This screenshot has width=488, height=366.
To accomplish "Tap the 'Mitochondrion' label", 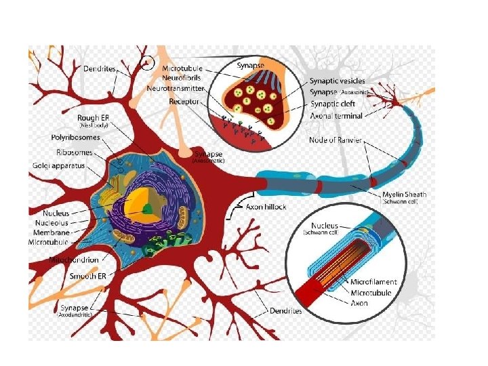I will pos(75,260).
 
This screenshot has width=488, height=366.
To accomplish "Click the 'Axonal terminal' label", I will pos(336,116).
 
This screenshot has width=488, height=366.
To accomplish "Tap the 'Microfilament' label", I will pos(374,282).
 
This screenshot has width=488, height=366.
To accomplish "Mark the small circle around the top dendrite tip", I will pos(146,64).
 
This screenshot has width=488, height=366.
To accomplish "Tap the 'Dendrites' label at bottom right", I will pos(284,311).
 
